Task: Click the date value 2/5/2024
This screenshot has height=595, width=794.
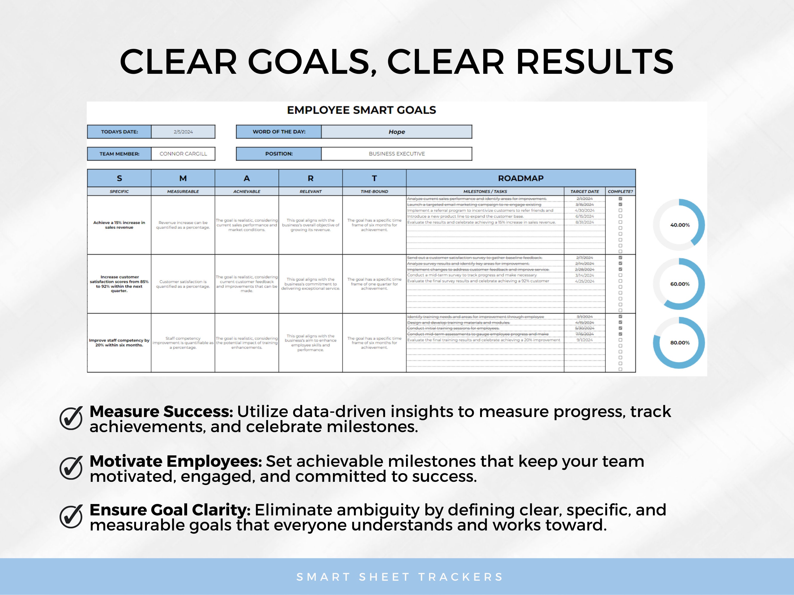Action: pyautogui.click(x=183, y=132)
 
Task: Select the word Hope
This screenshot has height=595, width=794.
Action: pyautogui.click(x=397, y=132)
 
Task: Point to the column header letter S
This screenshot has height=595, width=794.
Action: pyautogui.click(x=119, y=178)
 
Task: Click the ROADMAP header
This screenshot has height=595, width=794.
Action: pyautogui.click(x=521, y=178)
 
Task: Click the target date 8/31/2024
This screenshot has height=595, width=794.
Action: pyautogui.click(x=584, y=222)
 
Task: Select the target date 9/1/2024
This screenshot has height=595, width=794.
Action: pyautogui.click(x=584, y=340)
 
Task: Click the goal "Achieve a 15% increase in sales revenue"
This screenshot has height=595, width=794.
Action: pyautogui.click(x=119, y=225)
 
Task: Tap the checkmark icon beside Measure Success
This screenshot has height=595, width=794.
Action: pyautogui.click(x=71, y=418)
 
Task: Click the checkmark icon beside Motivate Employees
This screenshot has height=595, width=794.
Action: pyautogui.click(x=71, y=468)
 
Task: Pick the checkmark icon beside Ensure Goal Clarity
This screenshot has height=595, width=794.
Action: pyautogui.click(x=71, y=516)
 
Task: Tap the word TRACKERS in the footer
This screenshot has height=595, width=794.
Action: pyautogui.click(x=461, y=577)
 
